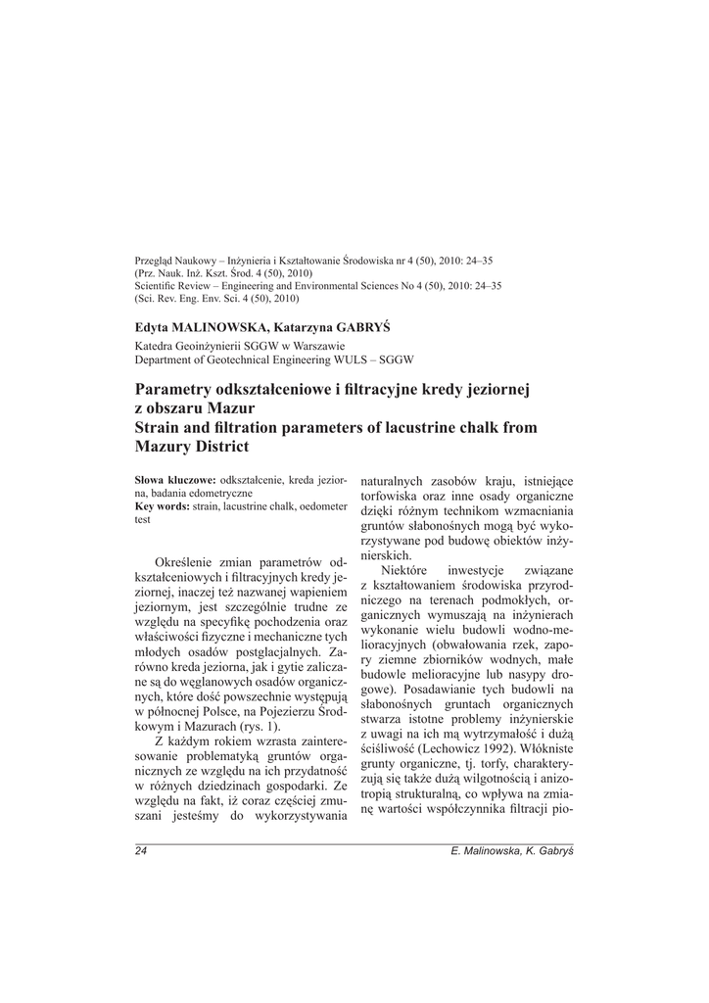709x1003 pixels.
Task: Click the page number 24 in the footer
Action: [141, 851]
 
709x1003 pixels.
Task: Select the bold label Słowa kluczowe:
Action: [175, 481]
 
